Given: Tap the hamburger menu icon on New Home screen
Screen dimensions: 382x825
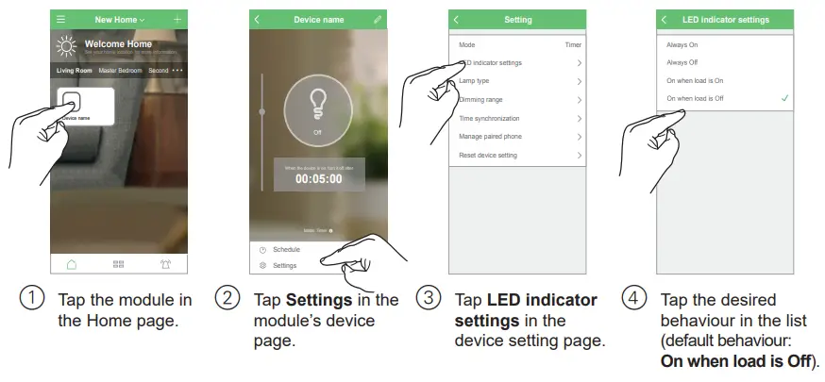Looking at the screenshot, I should pos(61,20).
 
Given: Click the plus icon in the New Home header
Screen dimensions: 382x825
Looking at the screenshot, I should pos(177,20).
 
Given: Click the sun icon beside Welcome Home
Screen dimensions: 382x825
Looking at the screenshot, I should pos(66,46).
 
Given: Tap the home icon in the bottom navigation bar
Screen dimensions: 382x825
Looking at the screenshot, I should pos(72,264).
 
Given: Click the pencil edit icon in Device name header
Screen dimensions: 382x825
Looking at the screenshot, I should pos(378,20).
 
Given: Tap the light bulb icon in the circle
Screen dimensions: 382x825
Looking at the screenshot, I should pos(317,108).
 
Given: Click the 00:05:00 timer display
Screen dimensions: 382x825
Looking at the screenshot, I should pos(317,178).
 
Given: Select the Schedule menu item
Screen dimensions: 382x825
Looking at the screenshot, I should pos(286,250).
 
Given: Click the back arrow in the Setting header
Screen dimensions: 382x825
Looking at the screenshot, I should pos(457,20).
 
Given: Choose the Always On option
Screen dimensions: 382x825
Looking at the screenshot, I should pos(682,44).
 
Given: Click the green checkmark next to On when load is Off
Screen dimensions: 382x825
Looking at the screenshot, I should pos(784,98).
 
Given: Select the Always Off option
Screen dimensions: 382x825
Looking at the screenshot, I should pos(682,62).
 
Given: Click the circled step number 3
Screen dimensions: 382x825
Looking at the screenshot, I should pos(429,299).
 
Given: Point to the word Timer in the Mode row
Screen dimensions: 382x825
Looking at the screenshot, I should pos(573,44).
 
